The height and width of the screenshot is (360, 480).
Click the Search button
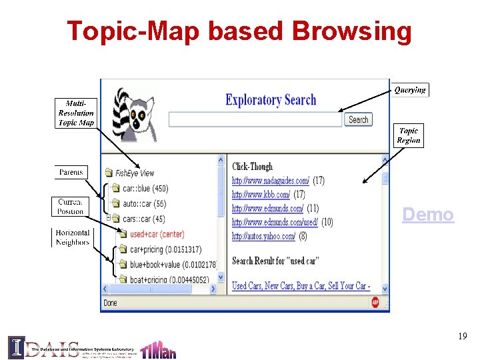(358, 119)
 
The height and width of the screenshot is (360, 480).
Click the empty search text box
(255, 119)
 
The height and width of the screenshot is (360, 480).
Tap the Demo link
(428, 215)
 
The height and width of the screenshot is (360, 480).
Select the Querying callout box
(409, 90)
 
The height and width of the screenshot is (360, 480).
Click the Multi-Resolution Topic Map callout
(76, 113)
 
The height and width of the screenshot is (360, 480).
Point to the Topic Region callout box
(408, 135)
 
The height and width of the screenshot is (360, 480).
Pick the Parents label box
(71, 172)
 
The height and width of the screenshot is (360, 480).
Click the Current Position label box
(70, 206)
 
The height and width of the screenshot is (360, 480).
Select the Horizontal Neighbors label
(72, 237)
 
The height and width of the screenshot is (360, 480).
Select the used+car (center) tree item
(157, 234)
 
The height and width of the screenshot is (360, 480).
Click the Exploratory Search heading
(271, 100)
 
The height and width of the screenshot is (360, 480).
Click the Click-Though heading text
(252, 167)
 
